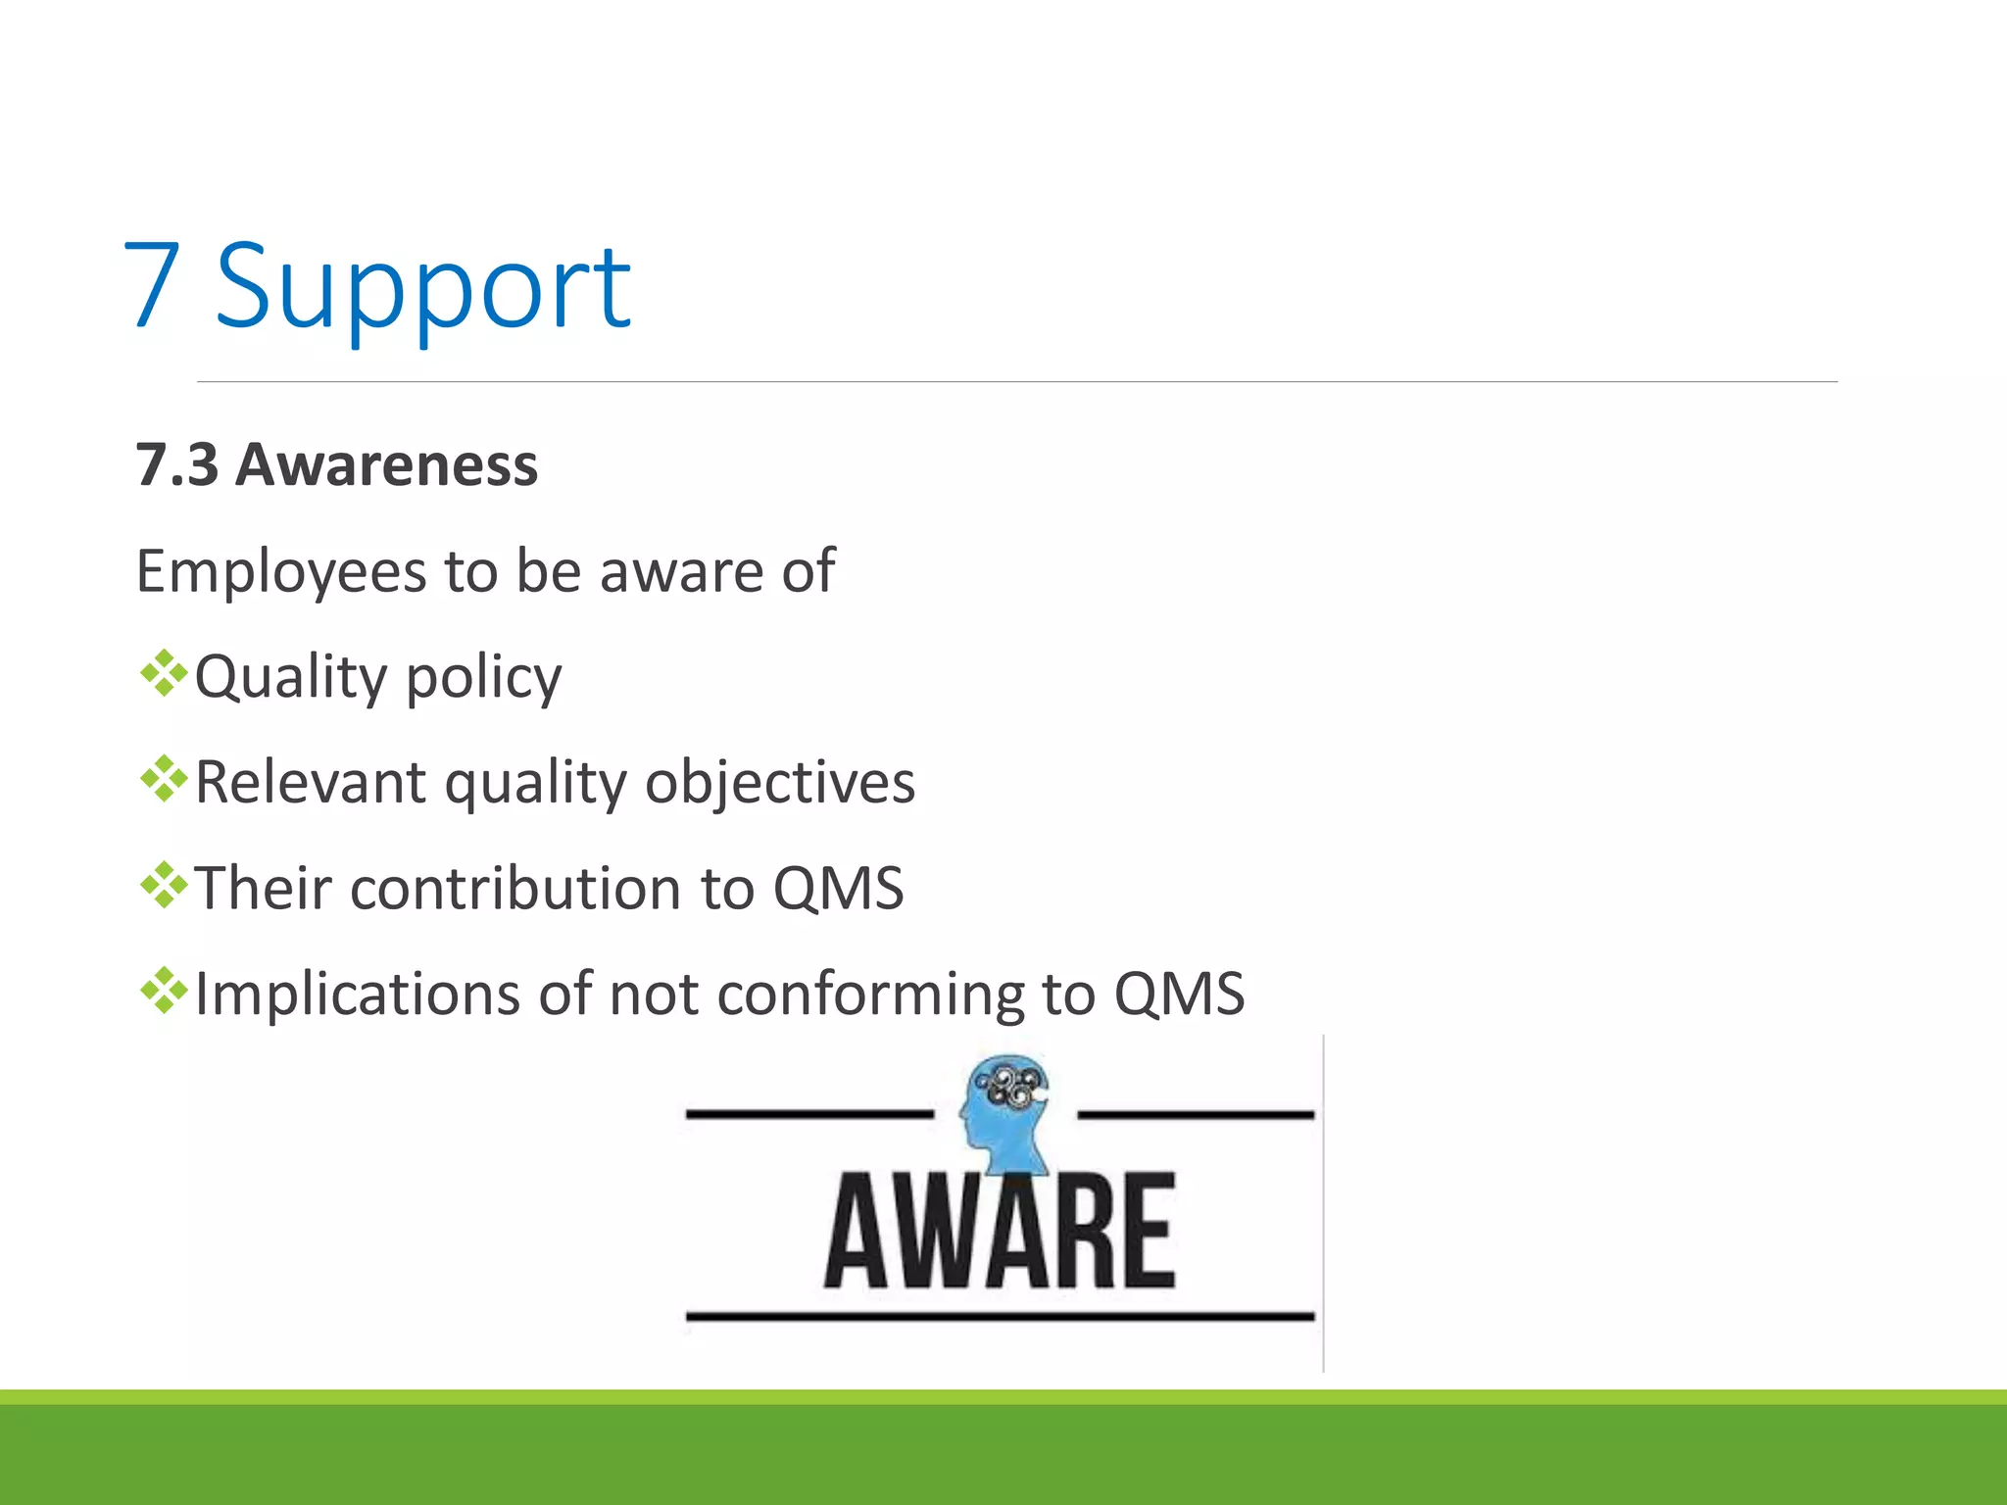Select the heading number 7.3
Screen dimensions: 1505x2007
[x=176, y=465]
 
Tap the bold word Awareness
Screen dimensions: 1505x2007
[x=387, y=465]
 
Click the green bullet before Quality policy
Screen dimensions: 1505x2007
[x=164, y=674]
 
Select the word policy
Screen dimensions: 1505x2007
[x=483, y=679]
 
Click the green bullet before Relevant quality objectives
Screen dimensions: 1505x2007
[x=164, y=780]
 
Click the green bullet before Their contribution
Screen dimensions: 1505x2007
[x=164, y=886]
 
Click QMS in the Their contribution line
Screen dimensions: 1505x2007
[x=838, y=889]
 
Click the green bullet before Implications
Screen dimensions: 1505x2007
[x=164, y=992]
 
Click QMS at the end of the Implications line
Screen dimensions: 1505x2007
[x=1179, y=995]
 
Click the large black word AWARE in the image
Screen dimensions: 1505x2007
[x=1000, y=1231]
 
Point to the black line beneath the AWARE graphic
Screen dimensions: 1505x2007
[x=1000, y=1317]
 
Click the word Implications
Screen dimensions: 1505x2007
[x=358, y=995]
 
